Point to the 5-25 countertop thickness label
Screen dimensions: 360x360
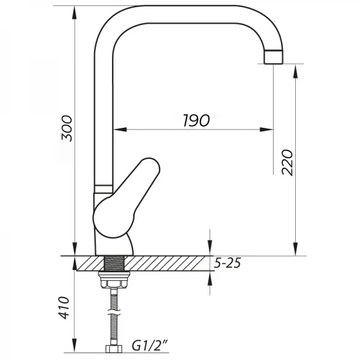coord(229,262)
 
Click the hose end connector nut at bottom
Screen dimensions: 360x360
coord(113,349)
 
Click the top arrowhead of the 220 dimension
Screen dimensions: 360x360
coord(295,69)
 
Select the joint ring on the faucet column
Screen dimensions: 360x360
coord(103,187)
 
